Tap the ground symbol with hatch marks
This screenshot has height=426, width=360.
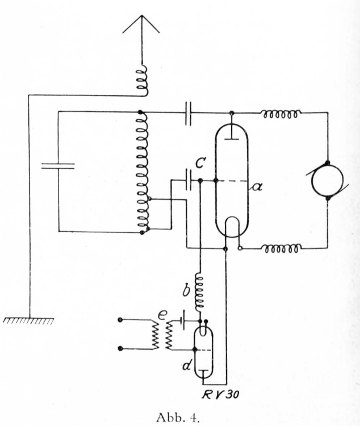28,320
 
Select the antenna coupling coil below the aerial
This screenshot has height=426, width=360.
143,81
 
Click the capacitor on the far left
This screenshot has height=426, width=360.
58,166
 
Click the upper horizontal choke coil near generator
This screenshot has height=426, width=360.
281,114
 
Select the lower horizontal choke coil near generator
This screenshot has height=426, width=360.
283,249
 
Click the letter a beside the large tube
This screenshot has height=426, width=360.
257,187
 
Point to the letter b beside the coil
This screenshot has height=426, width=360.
186,291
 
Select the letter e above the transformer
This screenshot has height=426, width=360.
162,315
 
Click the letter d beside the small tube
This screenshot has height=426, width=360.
187,366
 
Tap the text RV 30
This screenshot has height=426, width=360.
220,395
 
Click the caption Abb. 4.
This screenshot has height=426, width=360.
178,417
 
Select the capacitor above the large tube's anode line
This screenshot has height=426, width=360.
188,114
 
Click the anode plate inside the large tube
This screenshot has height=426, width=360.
232,139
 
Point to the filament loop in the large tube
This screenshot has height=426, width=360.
233,225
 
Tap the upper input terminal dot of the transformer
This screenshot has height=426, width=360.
120,320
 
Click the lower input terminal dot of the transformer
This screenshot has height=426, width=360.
120,349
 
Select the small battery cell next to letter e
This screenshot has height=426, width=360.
182,320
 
